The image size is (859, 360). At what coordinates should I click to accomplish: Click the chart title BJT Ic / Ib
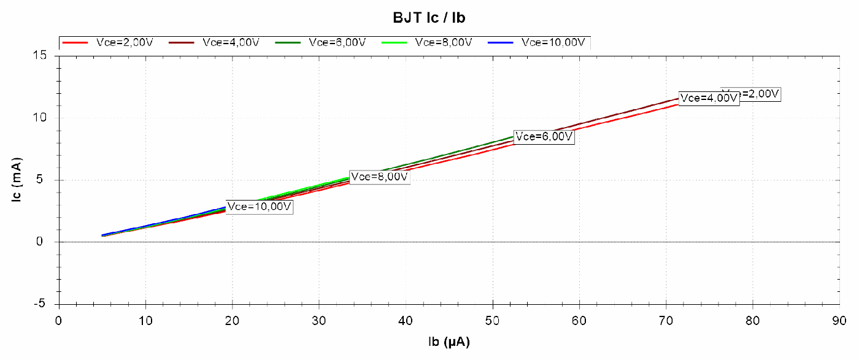coord(429,17)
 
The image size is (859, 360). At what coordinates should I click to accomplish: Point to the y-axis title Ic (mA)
coord(19,180)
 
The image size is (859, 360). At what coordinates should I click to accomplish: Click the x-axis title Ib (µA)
coord(449,341)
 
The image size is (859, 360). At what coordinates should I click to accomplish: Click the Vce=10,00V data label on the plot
coord(259,207)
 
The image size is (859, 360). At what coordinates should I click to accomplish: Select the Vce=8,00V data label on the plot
coord(379,177)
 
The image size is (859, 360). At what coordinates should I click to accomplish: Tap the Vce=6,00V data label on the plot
coord(544,137)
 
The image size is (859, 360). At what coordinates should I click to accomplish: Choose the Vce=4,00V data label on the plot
coord(709,98)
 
